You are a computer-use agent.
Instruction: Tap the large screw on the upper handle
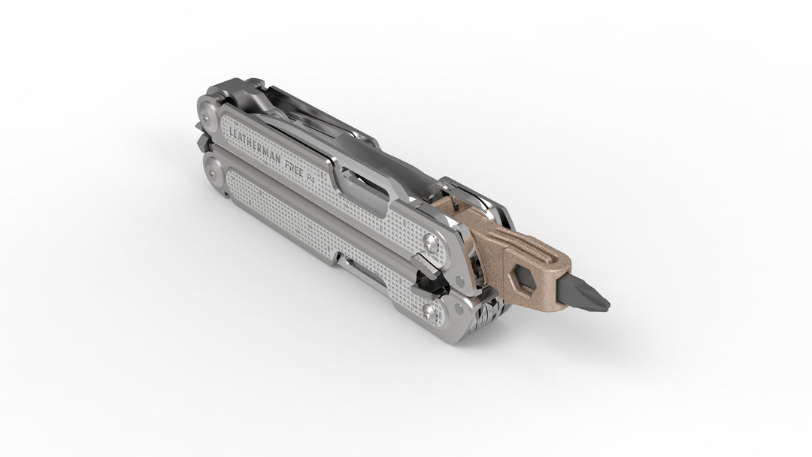(430, 242)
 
